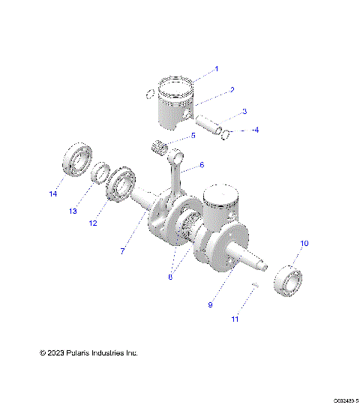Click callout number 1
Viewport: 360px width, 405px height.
pyautogui.click(x=217, y=68)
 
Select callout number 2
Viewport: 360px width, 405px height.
pyautogui.click(x=232, y=89)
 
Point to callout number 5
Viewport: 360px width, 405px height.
pyautogui.click(x=193, y=136)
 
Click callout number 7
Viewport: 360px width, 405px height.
pyautogui.click(x=122, y=251)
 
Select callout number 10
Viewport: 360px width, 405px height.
pyautogui.click(x=304, y=243)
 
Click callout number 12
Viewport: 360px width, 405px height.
pyautogui.click(x=94, y=222)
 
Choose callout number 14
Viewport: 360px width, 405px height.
pyautogui.click(x=52, y=194)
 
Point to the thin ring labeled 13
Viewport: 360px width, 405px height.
pyautogui.click(x=99, y=175)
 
